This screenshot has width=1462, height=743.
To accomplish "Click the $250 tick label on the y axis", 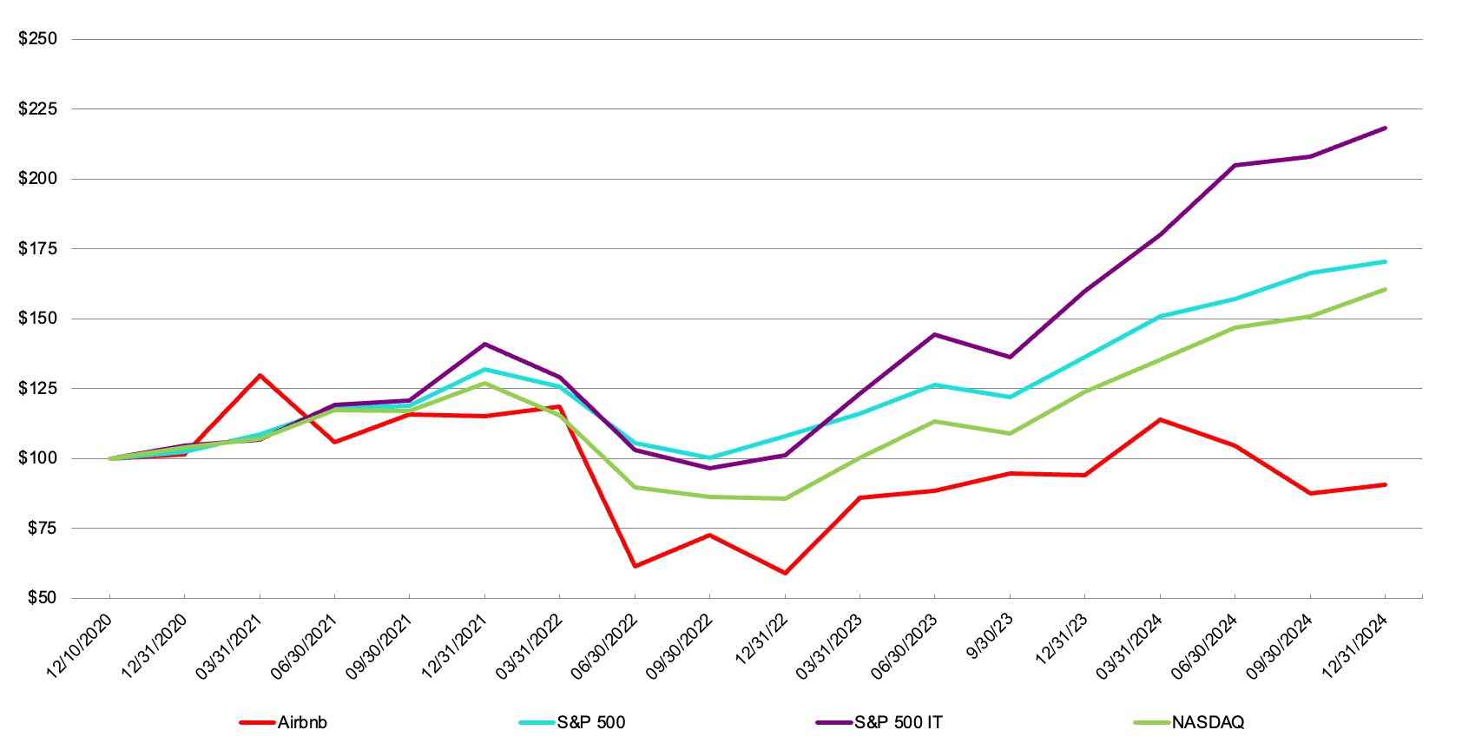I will [37, 39].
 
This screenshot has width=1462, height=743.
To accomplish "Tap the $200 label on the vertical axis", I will [37, 179].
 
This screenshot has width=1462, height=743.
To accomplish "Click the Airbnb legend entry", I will [301, 722].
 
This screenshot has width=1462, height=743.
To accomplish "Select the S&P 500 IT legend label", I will [898, 722].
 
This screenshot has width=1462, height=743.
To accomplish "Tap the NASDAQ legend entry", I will [1208, 722].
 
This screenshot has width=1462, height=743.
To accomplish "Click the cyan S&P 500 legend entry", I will [590, 722].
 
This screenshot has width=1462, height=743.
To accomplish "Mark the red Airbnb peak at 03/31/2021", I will [260, 375].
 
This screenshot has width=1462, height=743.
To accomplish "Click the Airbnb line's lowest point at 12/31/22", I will [785, 574].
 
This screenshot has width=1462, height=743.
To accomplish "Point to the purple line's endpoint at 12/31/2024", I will [1385, 128].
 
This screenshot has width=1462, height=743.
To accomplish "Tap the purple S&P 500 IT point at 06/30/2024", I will [1235, 165].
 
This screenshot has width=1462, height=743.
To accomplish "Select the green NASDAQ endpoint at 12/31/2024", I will [1385, 289].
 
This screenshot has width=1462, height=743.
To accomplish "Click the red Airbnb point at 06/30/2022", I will [635, 566].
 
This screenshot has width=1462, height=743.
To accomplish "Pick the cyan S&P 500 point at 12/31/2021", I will [484, 369].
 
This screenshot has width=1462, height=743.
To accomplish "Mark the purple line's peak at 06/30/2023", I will [935, 334].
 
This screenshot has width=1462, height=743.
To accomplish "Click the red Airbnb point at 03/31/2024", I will [1160, 419].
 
